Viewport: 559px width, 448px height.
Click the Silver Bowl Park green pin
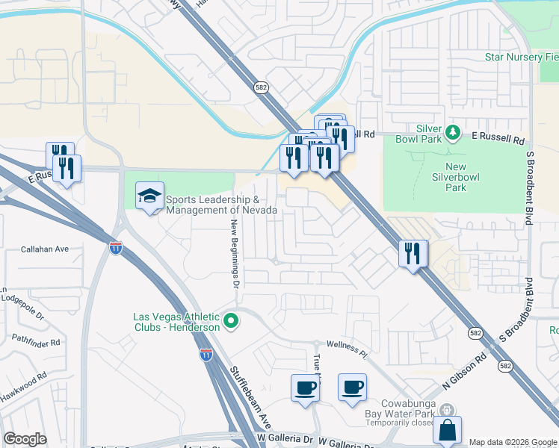(452, 133)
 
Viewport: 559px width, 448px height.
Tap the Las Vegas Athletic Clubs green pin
(231, 322)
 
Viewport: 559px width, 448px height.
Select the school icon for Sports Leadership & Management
(149, 196)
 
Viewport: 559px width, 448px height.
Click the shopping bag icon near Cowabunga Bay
(447, 430)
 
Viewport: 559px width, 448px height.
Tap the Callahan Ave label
(45, 249)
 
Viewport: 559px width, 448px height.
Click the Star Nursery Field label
(522, 57)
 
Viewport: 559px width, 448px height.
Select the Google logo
(25, 439)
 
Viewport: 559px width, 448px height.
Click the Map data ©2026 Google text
(512, 442)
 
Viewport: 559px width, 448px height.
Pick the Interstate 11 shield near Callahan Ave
(115, 248)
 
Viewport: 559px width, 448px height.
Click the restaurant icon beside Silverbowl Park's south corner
(412, 255)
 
